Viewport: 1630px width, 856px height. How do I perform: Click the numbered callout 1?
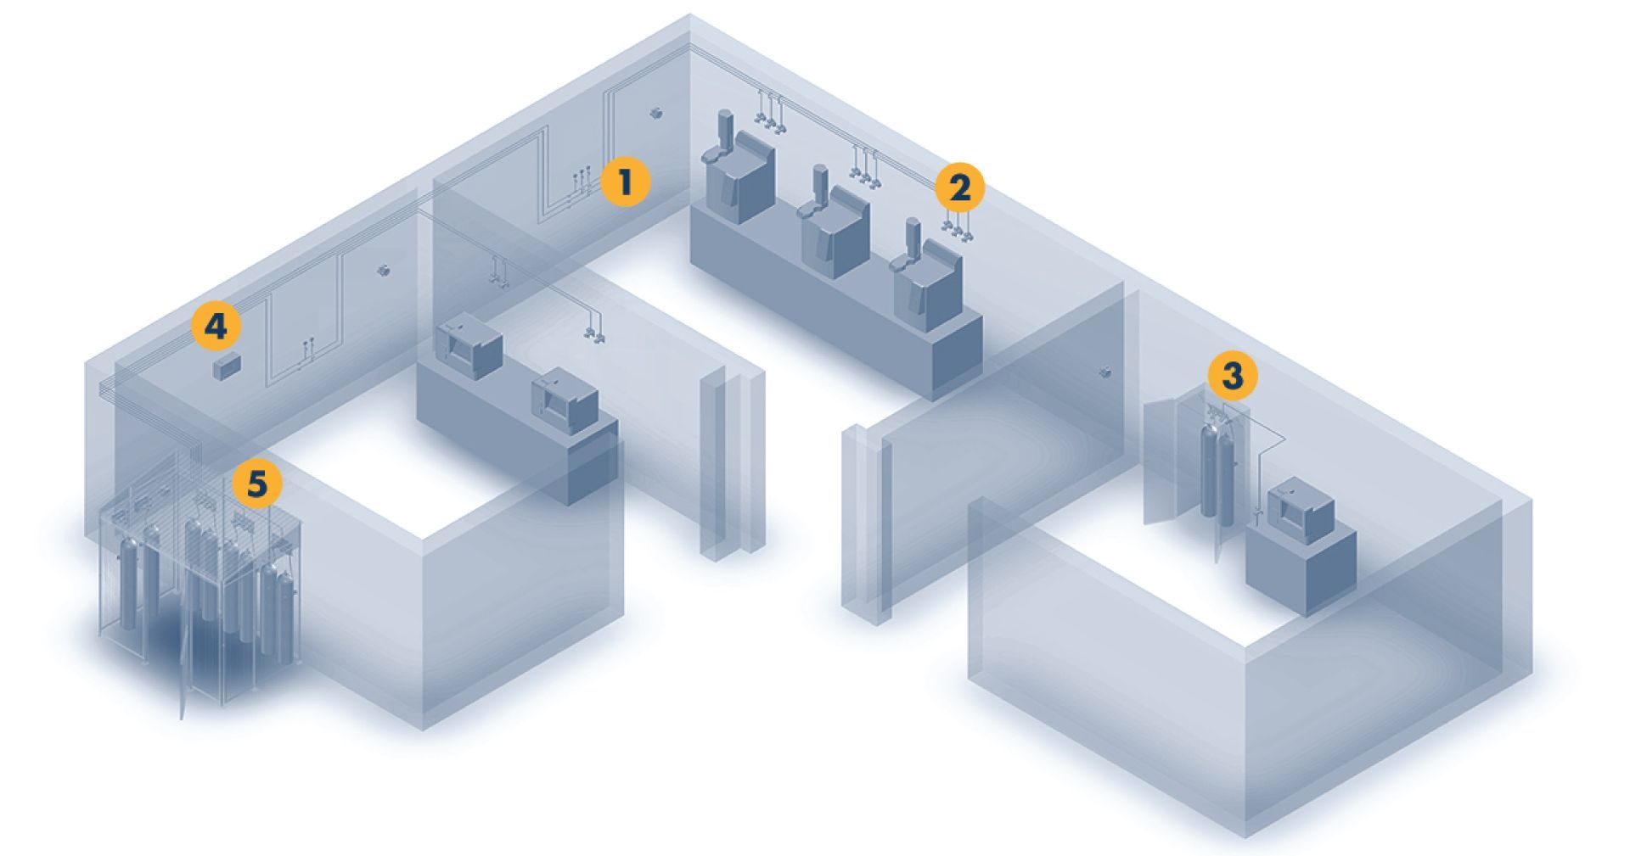click(x=625, y=182)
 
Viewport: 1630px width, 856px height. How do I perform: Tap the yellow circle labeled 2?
click(x=960, y=187)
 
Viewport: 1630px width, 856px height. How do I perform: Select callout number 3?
click(x=1232, y=375)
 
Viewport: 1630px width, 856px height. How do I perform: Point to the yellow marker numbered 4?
click(x=216, y=326)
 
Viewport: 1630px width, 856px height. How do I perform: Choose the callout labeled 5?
click(x=256, y=484)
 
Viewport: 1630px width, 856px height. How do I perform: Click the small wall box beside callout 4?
click(x=226, y=367)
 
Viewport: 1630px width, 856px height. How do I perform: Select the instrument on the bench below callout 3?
click(x=1301, y=510)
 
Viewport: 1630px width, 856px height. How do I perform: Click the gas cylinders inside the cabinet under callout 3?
click(x=1216, y=472)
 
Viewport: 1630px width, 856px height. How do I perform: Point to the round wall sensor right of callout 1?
click(x=655, y=112)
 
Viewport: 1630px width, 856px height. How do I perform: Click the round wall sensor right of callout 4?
click(x=383, y=271)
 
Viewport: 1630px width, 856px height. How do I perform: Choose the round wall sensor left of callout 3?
click(x=1104, y=372)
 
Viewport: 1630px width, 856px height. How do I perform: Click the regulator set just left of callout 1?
click(x=583, y=181)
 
